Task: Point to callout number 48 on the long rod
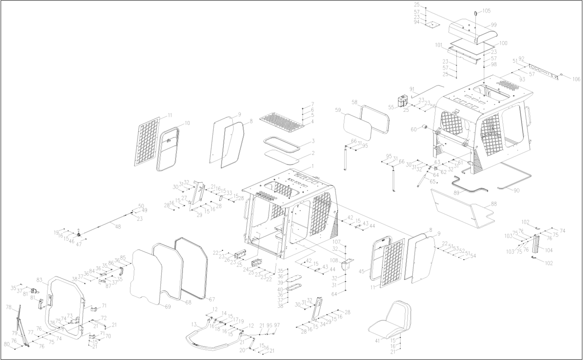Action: pyautogui.click(x=118, y=227)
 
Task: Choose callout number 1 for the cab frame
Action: pyautogui.click(x=313, y=167)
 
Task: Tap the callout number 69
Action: pyautogui.click(x=168, y=306)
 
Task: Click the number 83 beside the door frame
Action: pyautogui.click(x=40, y=280)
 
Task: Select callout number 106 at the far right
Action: pyautogui.click(x=576, y=79)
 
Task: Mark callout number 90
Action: pyautogui.click(x=516, y=190)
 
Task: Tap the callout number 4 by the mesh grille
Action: pyautogui.click(x=312, y=121)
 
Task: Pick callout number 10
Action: pyautogui.click(x=188, y=123)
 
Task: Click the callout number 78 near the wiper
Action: pyautogui.click(x=8, y=307)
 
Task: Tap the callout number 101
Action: pyautogui.click(x=438, y=44)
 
